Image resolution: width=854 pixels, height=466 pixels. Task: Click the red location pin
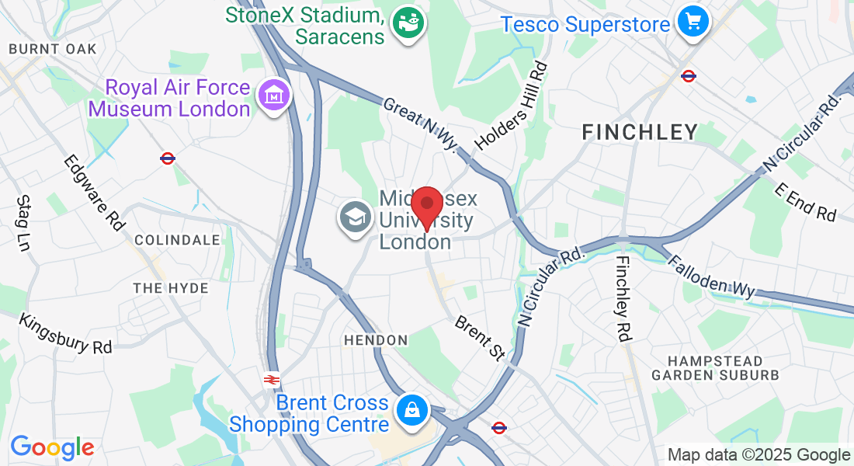coord(426,206)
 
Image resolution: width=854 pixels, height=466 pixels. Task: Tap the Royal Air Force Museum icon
coord(274,96)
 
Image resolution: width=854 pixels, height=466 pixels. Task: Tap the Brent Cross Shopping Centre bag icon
coord(411,411)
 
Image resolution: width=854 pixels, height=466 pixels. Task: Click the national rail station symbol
coord(271,380)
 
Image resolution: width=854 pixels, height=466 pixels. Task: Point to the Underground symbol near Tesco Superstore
coord(688,75)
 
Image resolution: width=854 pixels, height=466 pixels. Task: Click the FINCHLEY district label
coord(640,133)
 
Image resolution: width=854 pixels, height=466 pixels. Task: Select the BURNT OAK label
coord(53,49)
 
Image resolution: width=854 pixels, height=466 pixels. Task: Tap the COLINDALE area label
coord(178,240)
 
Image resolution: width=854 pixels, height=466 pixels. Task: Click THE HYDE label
coord(171,288)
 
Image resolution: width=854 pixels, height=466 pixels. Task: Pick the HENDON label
coord(376,340)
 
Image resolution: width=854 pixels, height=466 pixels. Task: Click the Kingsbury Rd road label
coord(66,333)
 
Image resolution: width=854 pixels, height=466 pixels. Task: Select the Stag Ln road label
coord(23,223)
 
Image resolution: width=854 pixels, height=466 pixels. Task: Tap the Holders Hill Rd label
coord(512,106)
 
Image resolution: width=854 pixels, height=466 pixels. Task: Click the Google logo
coord(52,447)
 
